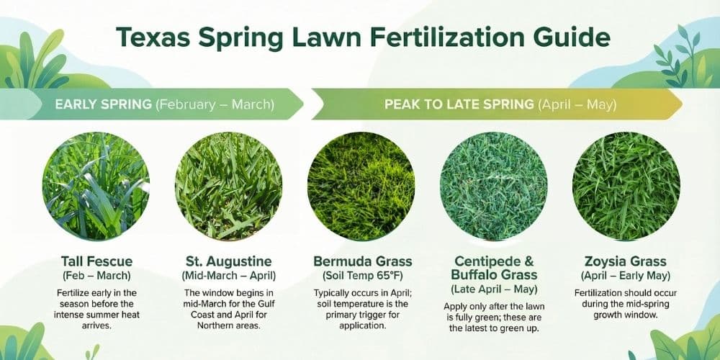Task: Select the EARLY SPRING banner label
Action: (x=104, y=104)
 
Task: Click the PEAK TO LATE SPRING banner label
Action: (x=459, y=104)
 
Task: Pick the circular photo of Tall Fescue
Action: (x=96, y=186)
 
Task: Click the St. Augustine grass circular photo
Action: (x=228, y=186)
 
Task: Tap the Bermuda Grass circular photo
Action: (x=361, y=186)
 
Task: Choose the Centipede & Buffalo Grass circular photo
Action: (x=493, y=186)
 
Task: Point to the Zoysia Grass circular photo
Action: (x=626, y=186)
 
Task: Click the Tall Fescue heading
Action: (x=96, y=261)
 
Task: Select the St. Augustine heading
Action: (x=228, y=261)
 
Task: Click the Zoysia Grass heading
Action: (x=626, y=261)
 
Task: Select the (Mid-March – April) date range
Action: (x=228, y=276)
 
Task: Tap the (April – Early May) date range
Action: (x=626, y=276)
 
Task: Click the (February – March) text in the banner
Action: (x=215, y=104)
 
